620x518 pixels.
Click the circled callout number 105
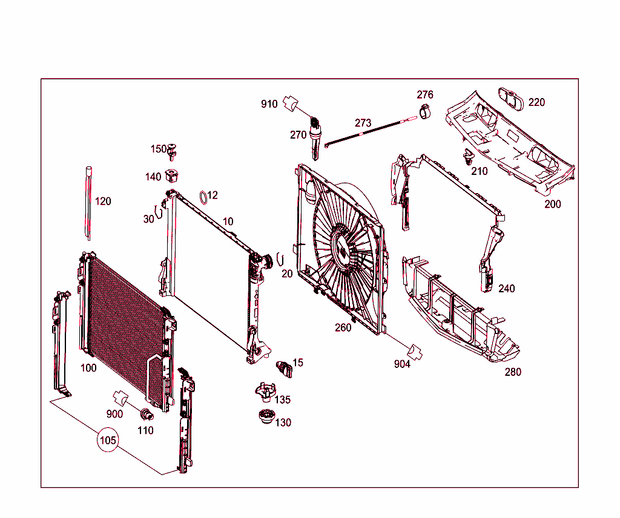click(108, 441)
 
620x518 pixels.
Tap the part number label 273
click(363, 123)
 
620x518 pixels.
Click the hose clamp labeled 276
click(425, 111)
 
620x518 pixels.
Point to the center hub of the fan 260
click(341, 248)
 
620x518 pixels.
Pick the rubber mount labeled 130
click(265, 418)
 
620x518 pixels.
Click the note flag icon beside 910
click(291, 103)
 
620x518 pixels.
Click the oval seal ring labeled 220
click(511, 99)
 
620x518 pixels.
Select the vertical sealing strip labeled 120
click(89, 203)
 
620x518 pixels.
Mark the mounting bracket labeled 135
click(264, 392)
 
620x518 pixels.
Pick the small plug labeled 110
click(146, 415)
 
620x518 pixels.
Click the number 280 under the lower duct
click(513, 372)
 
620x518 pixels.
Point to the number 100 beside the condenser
click(88, 368)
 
